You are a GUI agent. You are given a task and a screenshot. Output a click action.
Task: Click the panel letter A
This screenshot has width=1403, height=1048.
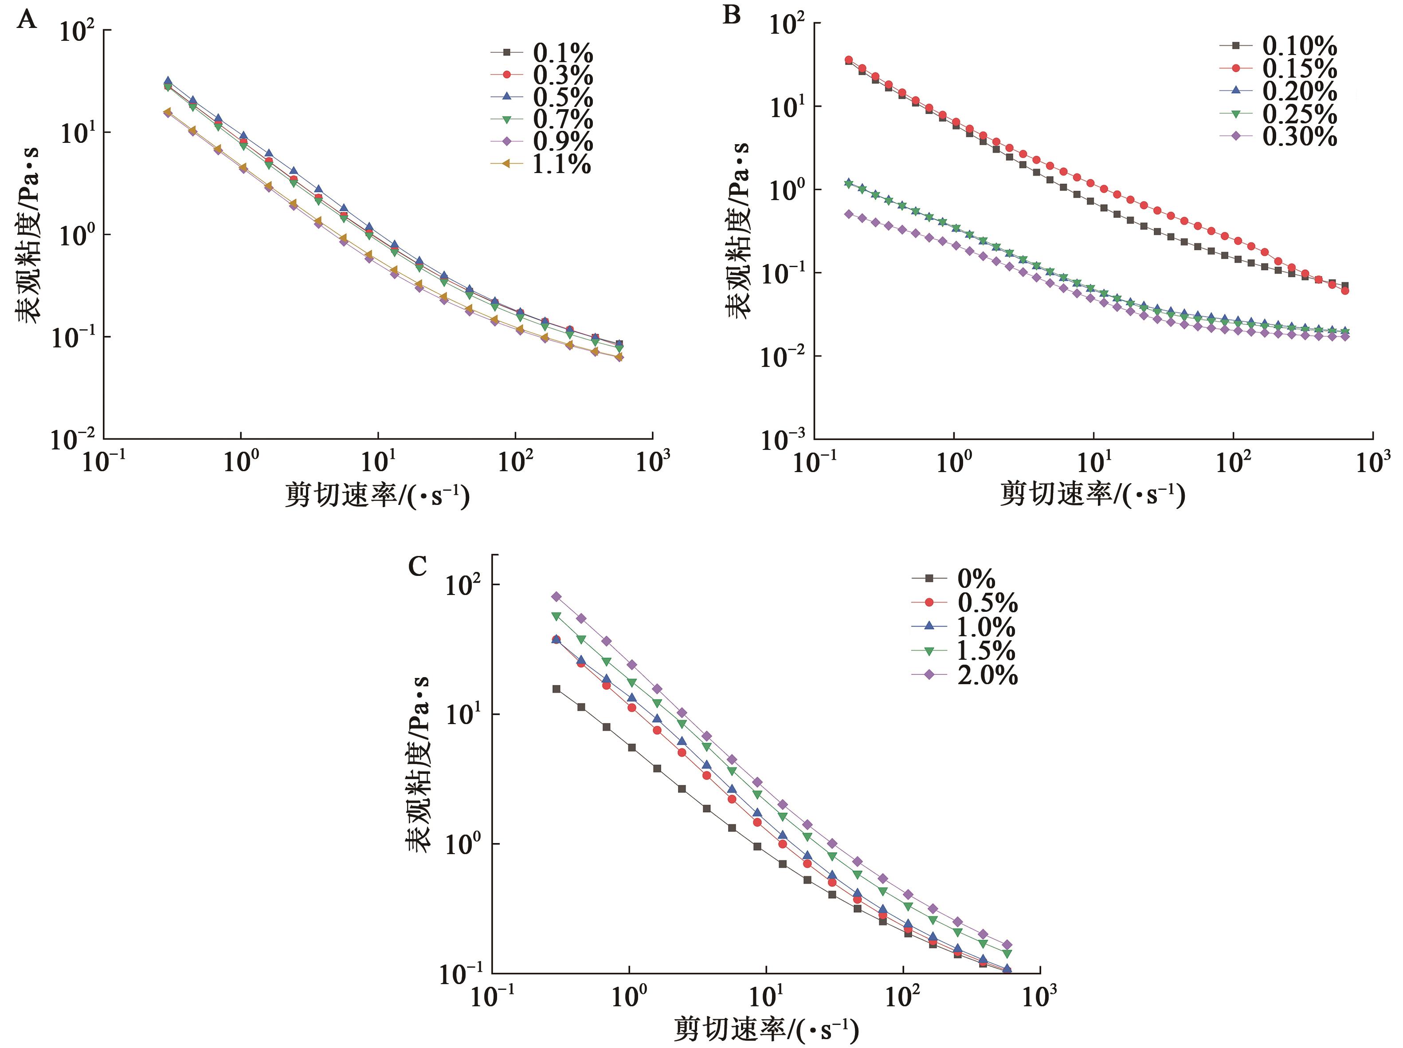[27, 20]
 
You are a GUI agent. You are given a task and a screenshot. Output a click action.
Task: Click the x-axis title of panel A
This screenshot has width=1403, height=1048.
[377, 495]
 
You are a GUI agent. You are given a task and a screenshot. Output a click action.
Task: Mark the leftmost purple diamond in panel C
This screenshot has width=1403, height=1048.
[556, 596]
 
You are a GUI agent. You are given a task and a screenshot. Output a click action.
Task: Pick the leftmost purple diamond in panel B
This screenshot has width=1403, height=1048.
[849, 214]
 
